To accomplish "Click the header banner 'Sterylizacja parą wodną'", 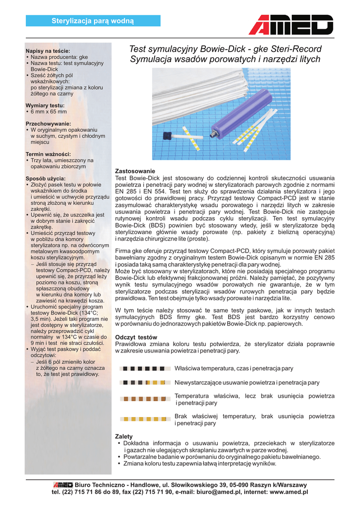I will (x=93, y=20).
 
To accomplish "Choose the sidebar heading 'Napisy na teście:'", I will (x=48, y=51).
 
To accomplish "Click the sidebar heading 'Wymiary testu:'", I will (x=45, y=105).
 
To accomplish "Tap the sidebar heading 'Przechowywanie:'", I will (x=48, y=123).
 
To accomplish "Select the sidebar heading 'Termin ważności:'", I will (x=48, y=154).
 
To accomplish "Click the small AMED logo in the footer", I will (x=63, y=485).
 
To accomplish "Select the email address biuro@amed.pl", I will (x=224, y=492).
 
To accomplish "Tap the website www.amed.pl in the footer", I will (x=289, y=492).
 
